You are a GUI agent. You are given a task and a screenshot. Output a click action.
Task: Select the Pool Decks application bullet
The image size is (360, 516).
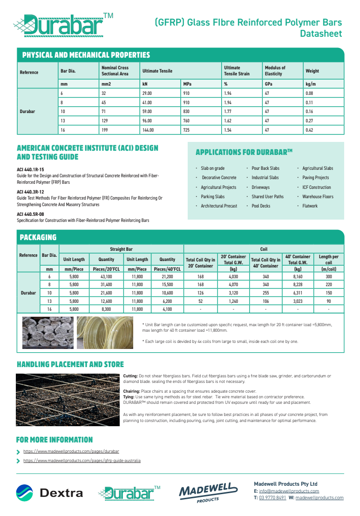[261, 206]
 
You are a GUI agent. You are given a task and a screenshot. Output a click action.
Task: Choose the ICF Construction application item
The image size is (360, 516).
[317, 188]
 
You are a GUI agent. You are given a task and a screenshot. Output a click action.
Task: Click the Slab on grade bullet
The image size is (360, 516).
[212, 168]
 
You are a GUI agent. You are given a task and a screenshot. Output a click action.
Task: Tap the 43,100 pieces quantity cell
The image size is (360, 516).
[107, 276]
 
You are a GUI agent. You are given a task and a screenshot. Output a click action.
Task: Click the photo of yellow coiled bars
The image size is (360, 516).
[105, 333]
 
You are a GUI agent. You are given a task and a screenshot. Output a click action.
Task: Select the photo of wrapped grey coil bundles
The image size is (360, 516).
[48, 333]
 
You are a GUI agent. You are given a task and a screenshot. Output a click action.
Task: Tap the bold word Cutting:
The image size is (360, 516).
[130, 376]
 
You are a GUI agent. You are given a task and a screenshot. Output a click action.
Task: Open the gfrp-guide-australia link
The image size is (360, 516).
[82, 461]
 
